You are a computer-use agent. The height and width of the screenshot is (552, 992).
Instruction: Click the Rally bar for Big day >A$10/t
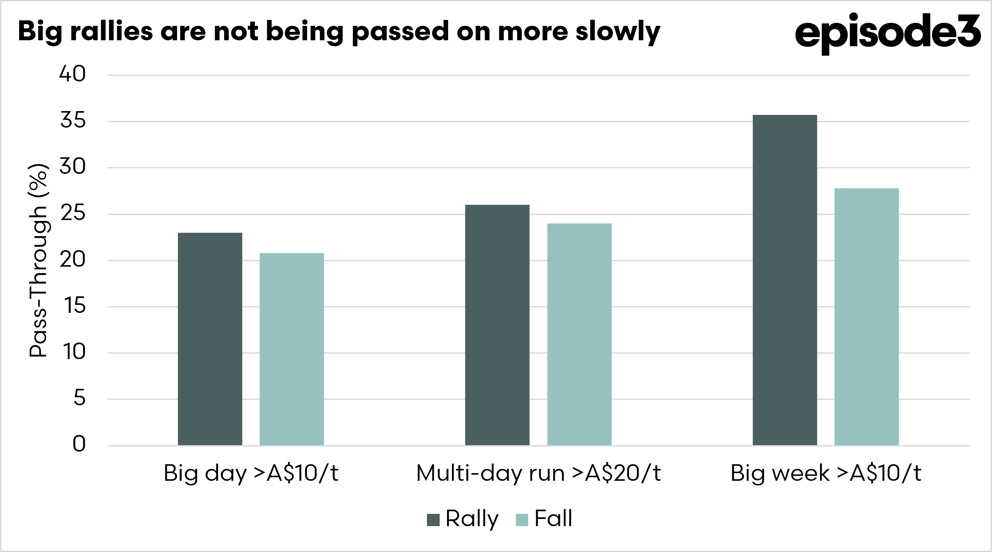point(210,339)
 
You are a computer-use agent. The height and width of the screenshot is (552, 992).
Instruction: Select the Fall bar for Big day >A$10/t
point(292,349)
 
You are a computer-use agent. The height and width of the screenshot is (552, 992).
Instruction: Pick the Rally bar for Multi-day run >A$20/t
point(497,325)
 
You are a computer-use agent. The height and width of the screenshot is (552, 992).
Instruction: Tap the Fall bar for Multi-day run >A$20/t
point(579,335)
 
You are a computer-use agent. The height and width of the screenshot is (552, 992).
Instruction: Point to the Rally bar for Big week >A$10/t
point(785,280)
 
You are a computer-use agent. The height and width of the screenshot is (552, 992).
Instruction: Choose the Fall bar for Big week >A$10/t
point(867,317)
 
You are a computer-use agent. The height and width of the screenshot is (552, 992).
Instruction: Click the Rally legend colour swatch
point(433,520)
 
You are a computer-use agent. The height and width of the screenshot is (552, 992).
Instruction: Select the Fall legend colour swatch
point(522,520)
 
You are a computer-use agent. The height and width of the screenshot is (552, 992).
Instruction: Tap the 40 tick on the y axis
point(72,74)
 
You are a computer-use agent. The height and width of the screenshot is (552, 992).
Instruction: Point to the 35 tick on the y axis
point(73,120)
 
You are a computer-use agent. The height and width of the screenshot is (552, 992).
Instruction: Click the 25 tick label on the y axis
point(73,213)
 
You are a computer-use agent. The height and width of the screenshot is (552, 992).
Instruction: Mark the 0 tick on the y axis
point(79,444)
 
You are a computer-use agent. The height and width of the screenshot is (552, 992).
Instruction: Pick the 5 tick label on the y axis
point(80,398)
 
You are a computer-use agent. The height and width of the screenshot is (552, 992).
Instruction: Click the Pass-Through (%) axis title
point(38,260)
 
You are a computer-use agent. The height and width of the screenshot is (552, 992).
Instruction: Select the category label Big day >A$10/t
point(251,474)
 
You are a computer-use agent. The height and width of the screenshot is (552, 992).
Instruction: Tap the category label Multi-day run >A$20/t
point(538,474)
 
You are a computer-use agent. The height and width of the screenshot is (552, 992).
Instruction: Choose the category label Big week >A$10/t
point(826,474)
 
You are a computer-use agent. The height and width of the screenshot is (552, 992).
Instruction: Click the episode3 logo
point(888,33)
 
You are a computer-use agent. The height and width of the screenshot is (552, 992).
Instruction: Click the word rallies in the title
point(111,31)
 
